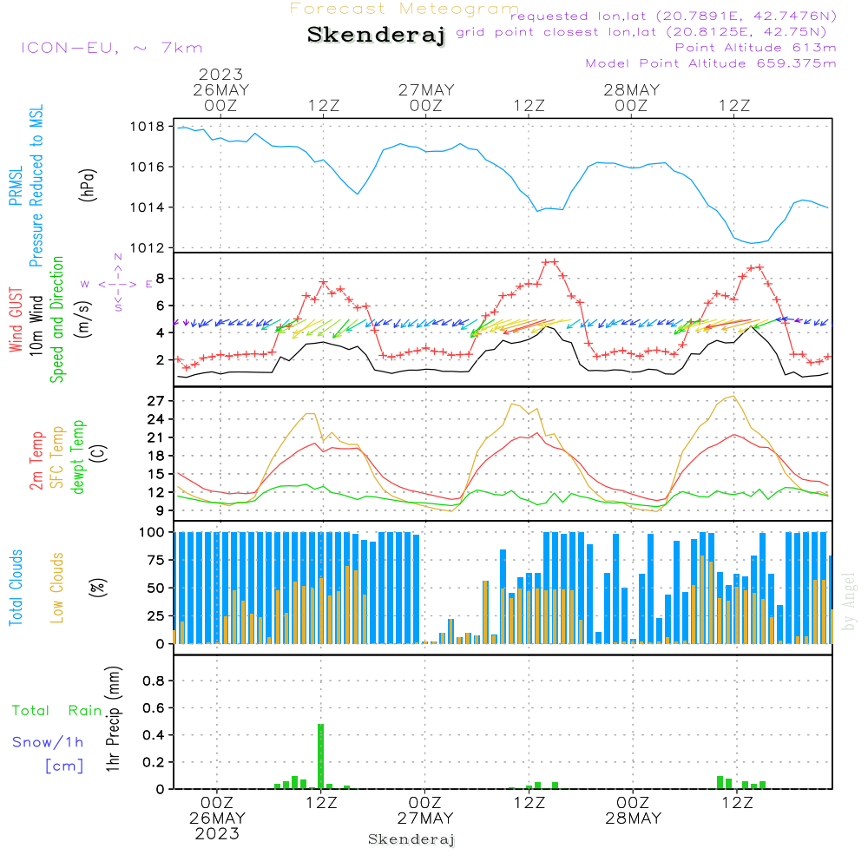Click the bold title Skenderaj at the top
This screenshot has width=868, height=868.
point(376,35)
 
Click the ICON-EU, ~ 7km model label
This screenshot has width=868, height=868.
point(111,48)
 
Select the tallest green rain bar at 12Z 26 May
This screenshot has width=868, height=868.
point(321,755)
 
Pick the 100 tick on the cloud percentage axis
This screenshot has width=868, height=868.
point(153,531)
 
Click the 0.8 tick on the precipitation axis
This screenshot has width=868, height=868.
point(153,681)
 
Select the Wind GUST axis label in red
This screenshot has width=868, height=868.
point(16,322)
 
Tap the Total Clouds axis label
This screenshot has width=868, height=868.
point(16,588)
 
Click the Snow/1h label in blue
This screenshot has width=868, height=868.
point(49,742)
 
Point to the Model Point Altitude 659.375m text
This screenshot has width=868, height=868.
point(711,63)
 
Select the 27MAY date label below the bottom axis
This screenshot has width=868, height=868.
point(425,819)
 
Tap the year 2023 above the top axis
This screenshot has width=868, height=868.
point(220,75)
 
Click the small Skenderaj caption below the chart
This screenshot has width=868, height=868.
point(411,839)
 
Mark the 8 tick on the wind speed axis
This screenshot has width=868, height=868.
point(161,279)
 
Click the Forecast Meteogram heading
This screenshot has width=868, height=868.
point(404,9)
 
